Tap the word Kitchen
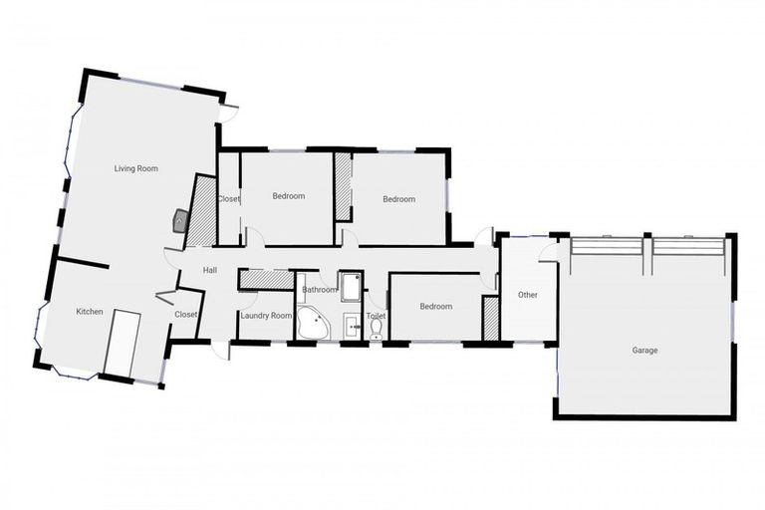pos(90,312)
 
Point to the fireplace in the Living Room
pos(180,220)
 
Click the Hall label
pos(210,270)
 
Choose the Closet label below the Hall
pos(186,314)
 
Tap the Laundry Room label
pos(266,316)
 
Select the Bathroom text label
pos(320,290)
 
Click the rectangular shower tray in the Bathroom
pos(352,286)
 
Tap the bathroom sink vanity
pos(352,325)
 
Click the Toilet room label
pos(376,315)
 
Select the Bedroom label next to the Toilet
pos(436,306)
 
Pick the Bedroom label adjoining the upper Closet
pos(289,196)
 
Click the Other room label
pos(528,295)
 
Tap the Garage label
pos(644,350)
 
